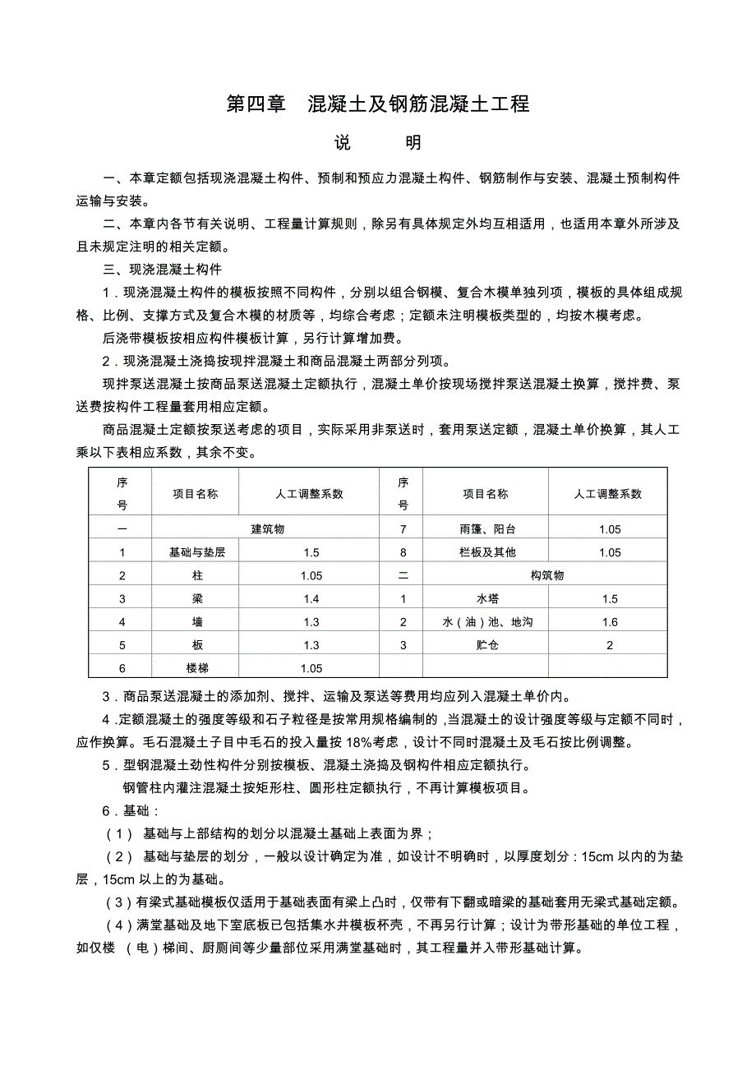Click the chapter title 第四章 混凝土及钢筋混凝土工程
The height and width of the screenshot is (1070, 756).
coord(377,104)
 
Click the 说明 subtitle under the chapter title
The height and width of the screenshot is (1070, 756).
coord(377,143)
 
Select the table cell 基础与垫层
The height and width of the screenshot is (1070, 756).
coord(196,553)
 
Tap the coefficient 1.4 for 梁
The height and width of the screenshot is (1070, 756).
coord(311,599)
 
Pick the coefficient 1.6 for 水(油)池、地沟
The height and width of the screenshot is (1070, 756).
coord(609,622)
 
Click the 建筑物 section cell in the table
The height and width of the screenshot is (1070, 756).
coord(266,529)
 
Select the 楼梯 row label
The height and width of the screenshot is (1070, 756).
coord(196,669)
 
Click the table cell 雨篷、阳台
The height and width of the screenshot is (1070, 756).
coord(487,529)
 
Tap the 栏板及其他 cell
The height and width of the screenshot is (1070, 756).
coord(487,553)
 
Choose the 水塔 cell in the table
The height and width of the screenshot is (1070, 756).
coord(487,599)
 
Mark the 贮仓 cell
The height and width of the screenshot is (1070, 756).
coord(487,646)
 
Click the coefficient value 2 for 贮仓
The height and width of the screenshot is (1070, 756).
coord(609,646)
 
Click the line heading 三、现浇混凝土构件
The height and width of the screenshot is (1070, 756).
coord(162,269)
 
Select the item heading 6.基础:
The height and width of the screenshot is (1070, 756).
coord(125,810)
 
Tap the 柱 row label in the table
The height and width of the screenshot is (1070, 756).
coord(196,576)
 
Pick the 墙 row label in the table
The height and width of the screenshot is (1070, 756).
coord(196,622)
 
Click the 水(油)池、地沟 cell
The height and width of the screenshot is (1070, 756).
coord(487,622)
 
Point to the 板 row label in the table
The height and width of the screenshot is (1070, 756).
coord(196,646)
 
